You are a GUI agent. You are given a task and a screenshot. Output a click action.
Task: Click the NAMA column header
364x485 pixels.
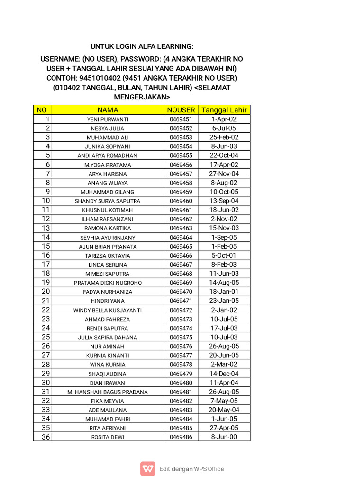coord(108,110)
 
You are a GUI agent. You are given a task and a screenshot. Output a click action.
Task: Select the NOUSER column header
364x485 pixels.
coord(181,110)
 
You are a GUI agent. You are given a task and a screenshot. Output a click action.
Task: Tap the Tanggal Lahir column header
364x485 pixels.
coord(224,110)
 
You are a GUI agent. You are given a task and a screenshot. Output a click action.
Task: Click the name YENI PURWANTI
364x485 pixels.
coord(108,119)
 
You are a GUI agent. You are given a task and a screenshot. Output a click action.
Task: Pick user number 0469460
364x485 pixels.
coord(181,201)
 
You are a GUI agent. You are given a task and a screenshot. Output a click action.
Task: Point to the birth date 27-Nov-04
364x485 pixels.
coord(224,174)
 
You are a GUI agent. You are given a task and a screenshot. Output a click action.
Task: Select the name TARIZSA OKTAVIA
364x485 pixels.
coord(108,256)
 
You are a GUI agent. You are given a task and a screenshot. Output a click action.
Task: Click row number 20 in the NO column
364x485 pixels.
coord(45,292)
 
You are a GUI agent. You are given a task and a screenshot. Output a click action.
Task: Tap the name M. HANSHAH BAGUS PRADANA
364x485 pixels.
coord(108,392)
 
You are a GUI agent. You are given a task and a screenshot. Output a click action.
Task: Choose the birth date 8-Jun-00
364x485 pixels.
coord(224,437)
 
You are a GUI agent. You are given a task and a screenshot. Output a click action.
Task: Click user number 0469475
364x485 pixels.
coord(181,337)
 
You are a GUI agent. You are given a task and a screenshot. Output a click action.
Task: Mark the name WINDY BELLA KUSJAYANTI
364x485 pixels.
coord(108,310)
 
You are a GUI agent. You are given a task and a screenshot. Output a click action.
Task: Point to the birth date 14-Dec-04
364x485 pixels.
coord(224,374)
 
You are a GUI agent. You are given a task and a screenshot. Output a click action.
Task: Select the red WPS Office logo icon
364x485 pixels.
coord(148,469)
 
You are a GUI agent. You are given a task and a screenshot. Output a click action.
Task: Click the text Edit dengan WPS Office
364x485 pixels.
coord(191,469)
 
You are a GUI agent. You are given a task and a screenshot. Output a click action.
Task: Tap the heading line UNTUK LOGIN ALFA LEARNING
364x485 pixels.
coord(142,46)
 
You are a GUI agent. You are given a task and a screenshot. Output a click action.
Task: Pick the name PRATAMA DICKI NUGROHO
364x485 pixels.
coord(108,283)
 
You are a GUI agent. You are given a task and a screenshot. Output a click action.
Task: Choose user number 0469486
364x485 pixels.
coord(181,437)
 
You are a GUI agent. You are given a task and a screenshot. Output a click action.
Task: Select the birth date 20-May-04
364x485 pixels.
coord(224,410)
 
